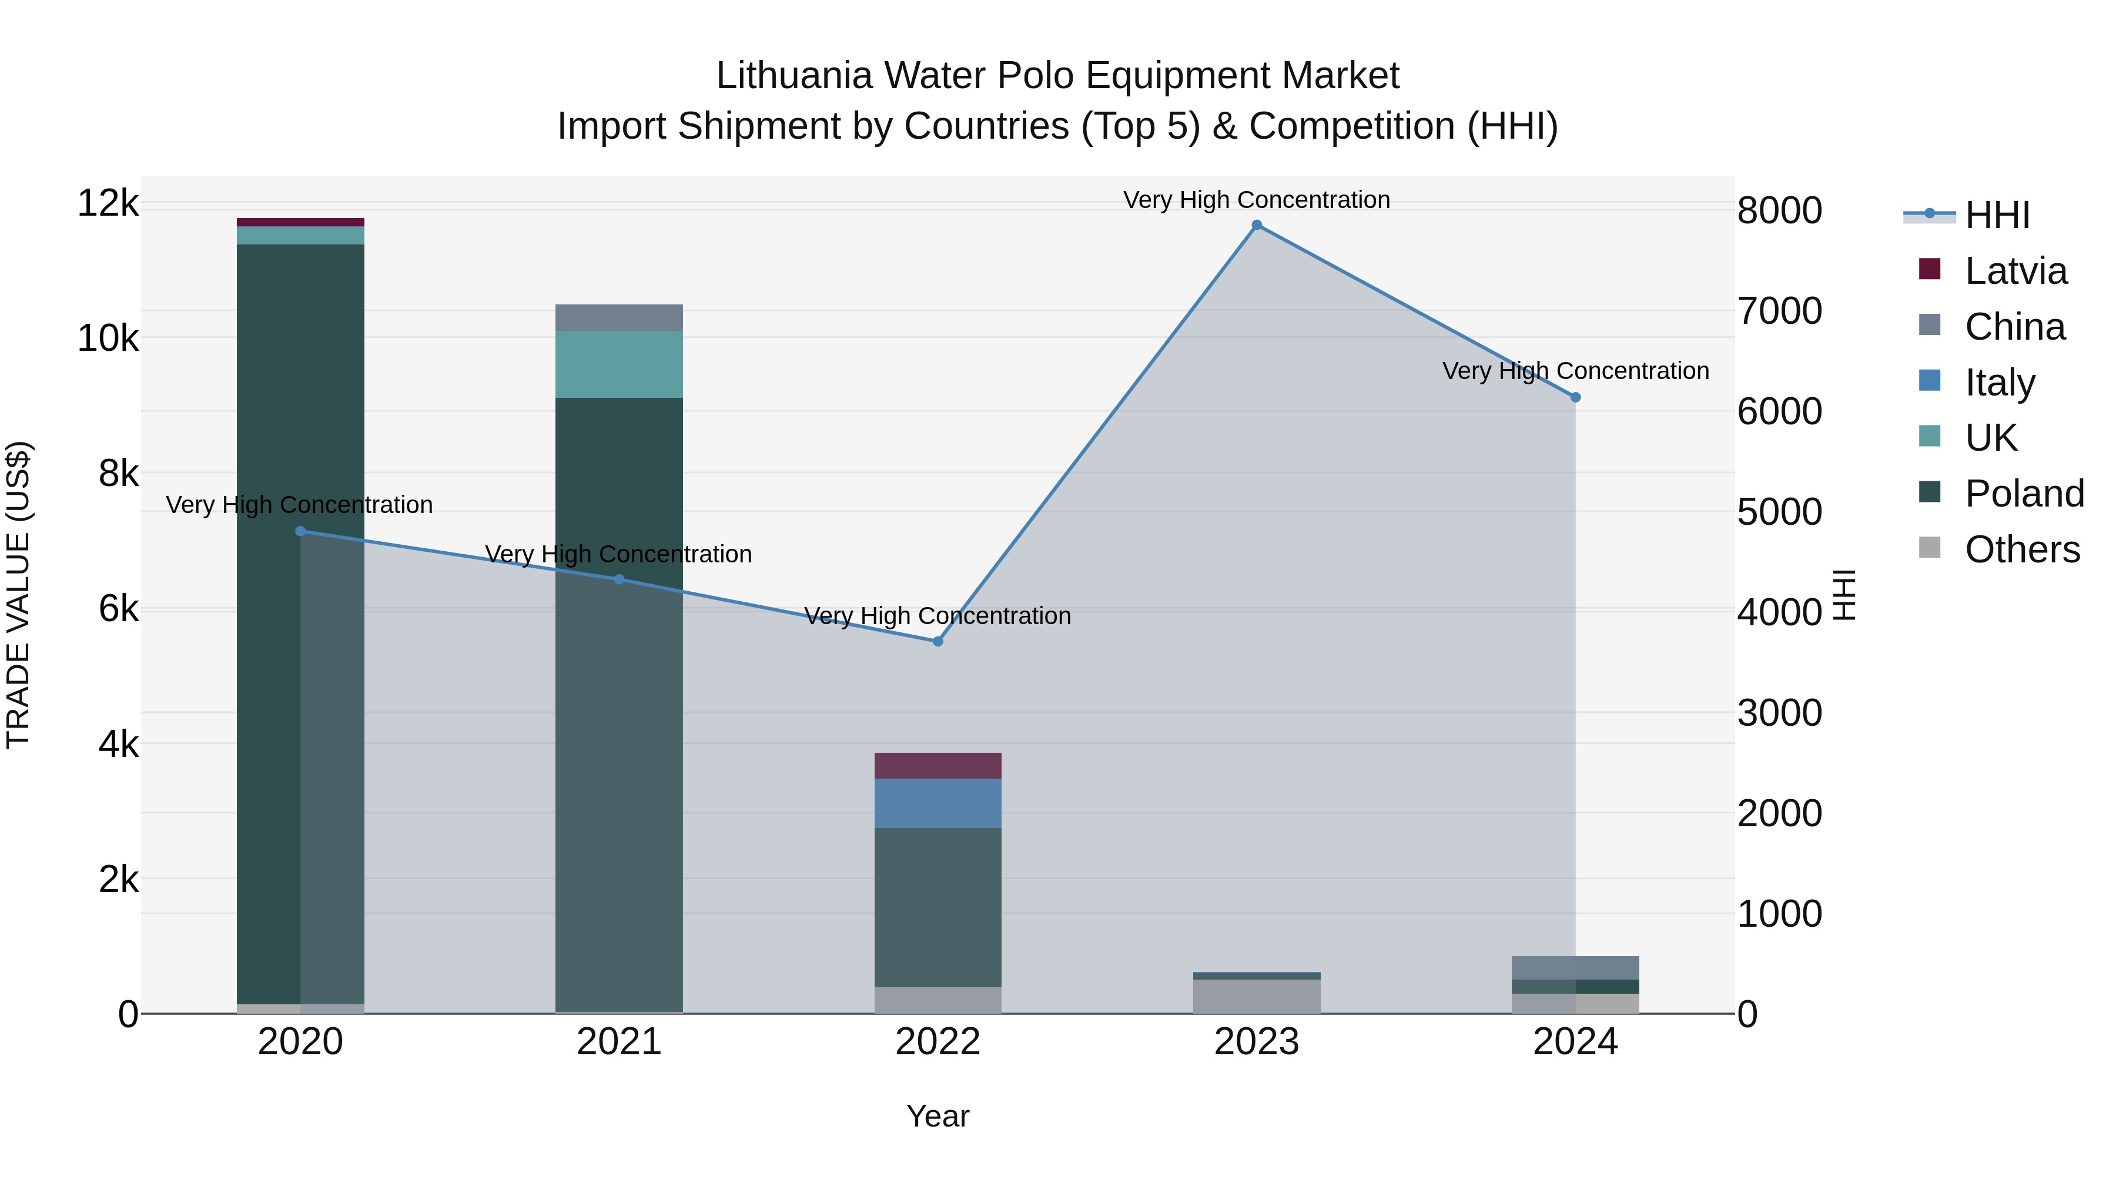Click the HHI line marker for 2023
tap(1256, 225)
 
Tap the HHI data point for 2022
tap(938, 641)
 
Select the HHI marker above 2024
tap(1575, 397)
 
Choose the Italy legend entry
tap(2000, 383)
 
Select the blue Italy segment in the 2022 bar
tap(938, 803)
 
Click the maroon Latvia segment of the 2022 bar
tap(938, 765)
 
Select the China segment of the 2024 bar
tap(1575, 967)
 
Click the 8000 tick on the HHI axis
tap(1779, 211)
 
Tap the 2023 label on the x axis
tap(1256, 1042)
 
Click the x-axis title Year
tap(938, 1116)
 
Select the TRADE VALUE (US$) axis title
tap(18, 595)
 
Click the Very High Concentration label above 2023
tap(1256, 200)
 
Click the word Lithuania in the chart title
tap(793, 76)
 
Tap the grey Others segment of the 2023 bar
tap(1256, 996)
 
